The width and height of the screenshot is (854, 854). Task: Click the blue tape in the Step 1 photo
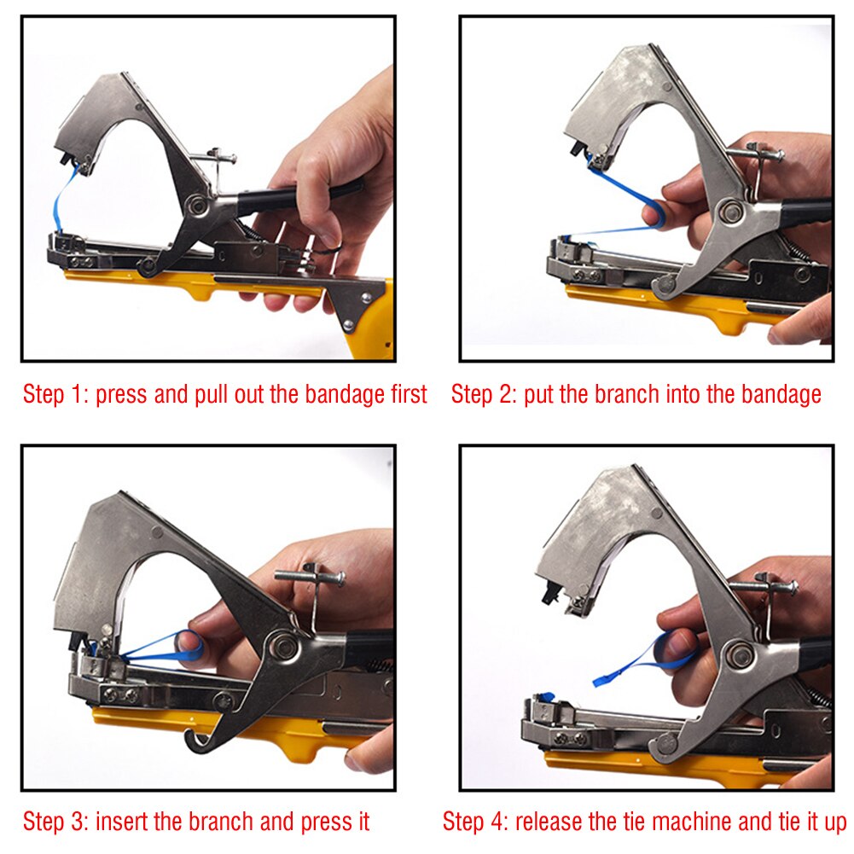(x=60, y=200)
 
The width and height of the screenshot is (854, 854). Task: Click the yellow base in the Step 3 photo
(x=256, y=729)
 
